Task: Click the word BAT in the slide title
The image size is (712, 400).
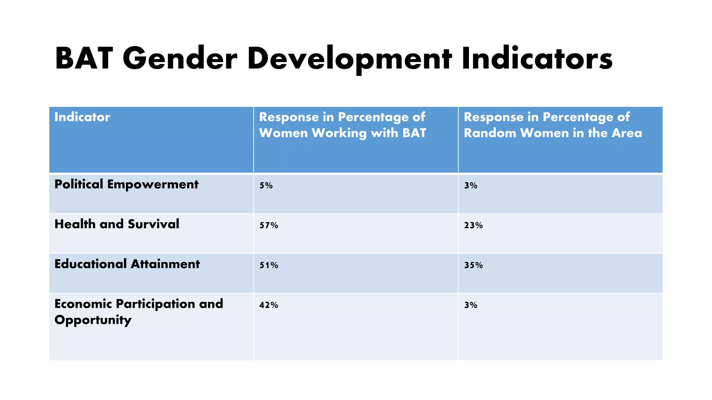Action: [84, 59]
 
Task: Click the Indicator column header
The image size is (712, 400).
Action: [82, 117]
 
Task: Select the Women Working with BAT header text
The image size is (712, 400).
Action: [342, 133]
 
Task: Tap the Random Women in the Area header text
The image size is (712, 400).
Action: [553, 133]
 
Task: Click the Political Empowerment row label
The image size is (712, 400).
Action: [127, 184]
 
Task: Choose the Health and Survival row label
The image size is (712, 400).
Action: [117, 224]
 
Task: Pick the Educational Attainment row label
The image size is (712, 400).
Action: [127, 264]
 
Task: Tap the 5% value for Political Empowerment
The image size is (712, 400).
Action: [266, 186]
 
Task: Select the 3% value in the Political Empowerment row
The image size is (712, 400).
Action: [471, 186]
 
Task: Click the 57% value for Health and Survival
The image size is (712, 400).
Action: [269, 226]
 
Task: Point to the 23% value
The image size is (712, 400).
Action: [474, 226]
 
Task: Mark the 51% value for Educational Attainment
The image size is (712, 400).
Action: [269, 266]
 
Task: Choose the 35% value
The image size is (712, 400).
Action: [474, 266]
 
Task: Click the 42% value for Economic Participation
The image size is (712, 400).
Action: [269, 305]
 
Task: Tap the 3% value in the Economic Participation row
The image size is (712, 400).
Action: [471, 305]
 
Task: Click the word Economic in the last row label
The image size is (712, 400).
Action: [83, 304]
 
